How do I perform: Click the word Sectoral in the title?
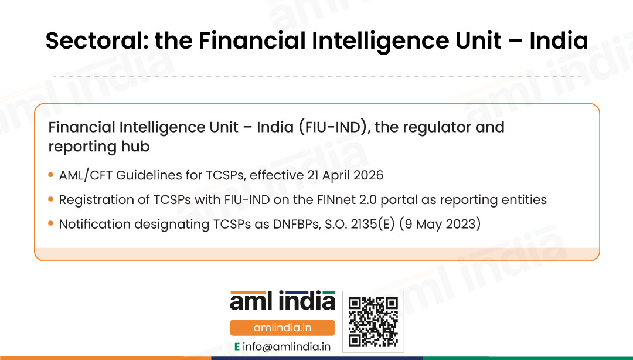coord(97,41)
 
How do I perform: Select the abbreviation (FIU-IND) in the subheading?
coord(334,127)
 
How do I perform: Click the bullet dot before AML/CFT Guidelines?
coord(50,175)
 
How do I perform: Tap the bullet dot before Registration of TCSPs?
coord(50,199)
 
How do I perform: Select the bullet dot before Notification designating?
coord(50,223)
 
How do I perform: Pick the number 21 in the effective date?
coord(312,175)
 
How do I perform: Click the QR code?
coord(373,322)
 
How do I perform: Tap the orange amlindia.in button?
coord(282,328)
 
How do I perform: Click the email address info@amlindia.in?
coord(287,347)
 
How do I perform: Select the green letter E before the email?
coord(237,347)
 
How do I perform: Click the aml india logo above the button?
coord(283,301)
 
